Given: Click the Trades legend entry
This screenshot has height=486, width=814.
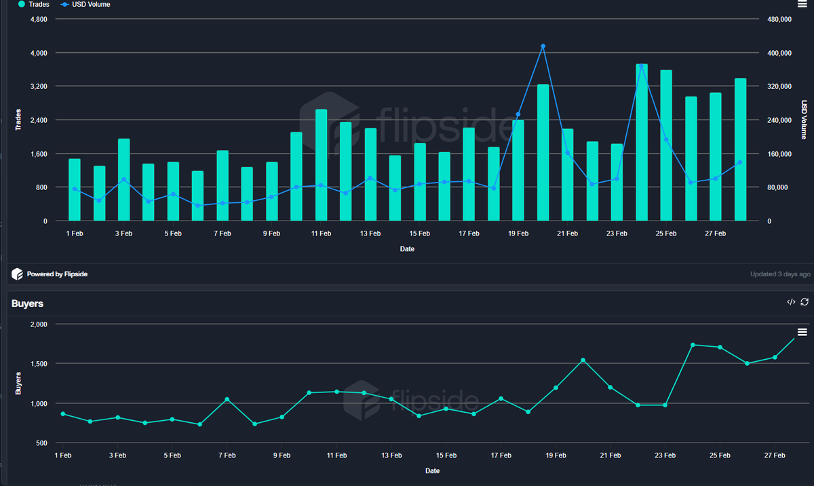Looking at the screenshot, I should pyautogui.click(x=33, y=4).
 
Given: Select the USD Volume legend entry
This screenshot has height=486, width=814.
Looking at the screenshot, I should pyautogui.click(x=91, y=4).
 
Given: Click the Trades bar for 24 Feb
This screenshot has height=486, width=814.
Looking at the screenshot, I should pyautogui.click(x=642, y=143).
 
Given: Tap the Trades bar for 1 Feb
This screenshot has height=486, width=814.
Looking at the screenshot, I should pyautogui.click(x=75, y=190).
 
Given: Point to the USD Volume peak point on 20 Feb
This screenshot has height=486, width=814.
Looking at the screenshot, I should pyautogui.click(x=543, y=46).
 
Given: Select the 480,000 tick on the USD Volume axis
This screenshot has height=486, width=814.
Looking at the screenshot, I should pyautogui.click(x=779, y=19).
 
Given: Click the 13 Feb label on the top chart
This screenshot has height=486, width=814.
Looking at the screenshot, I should pyautogui.click(x=370, y=233).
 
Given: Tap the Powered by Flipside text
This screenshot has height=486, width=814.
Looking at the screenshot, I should pyautogui.click(x=57, y=274).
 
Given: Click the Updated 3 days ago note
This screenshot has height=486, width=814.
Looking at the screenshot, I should pyautogui.click(x=780, y=274).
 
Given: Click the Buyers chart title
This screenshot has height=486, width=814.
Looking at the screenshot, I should pyautogui.click(x=27, y=303).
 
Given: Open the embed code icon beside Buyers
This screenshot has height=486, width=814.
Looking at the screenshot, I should pyautogui.click(x=791, y=302).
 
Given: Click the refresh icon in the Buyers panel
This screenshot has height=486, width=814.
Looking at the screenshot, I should pyautogui.click(x=805, y=302).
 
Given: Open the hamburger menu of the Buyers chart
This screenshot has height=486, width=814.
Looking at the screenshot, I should pyautogui.click(x=802, y=331).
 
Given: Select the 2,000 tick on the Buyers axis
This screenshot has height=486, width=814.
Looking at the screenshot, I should pyautogui.click(x=37, y=324).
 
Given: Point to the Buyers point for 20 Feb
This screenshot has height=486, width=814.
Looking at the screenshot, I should pyautogui.click(x=583, y=360).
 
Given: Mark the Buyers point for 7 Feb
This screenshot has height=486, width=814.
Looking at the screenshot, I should pyautogui.click(x=227, y=399).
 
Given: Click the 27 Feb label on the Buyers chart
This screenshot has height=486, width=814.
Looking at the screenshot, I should pyautogui.click(x=775, y=455).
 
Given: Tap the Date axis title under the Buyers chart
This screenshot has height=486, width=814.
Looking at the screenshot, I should pyautogui.click(x=432, y=470).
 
